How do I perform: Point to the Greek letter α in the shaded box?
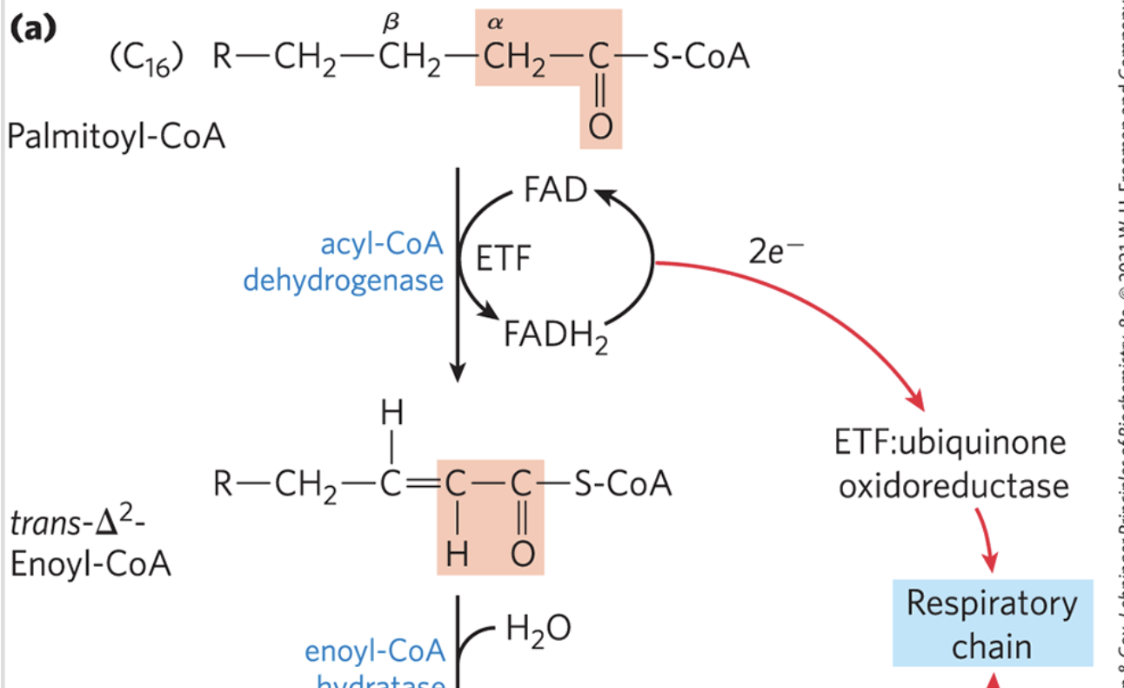496,24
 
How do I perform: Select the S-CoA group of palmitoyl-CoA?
702,57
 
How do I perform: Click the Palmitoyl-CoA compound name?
117,136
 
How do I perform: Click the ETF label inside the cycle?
504,260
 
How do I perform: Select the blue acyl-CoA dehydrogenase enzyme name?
344,263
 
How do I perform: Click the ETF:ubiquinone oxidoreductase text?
952,463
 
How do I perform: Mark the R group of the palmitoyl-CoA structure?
223,58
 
